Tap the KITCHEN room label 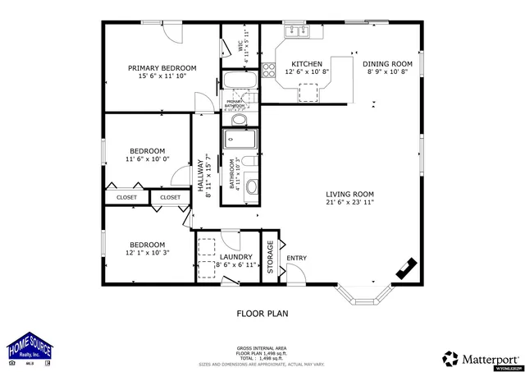coord(307,63)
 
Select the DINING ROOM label coord(387,63)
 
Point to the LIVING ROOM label coord(349,194)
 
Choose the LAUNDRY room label coord(235,257)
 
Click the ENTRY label coord(296,259)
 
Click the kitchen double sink coord(295,32)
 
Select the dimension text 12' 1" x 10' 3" coord(146,254)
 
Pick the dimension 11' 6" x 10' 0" coord(148,159)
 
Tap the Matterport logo coord(480,358)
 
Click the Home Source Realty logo coord(30,348)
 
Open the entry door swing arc coord(281,244)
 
